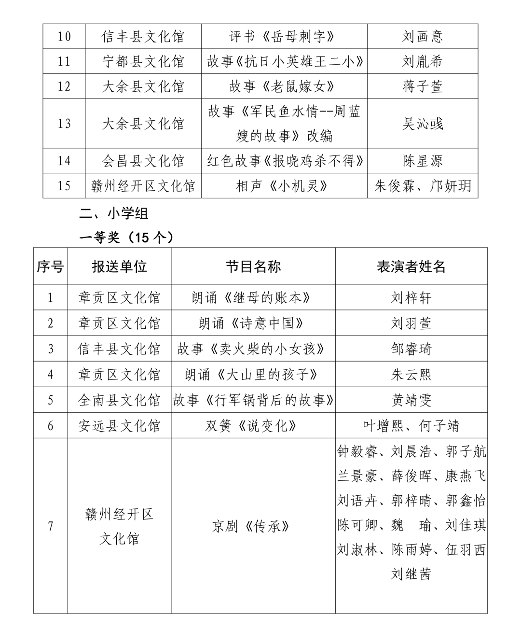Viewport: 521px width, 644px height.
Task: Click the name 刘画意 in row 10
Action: [x=422, y=37]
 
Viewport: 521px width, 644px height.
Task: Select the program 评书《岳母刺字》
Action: [x=284, y=37]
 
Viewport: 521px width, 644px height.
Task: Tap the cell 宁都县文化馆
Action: [x=143, y=62]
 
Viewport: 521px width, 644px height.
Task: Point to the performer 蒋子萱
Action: [x=422, y=87]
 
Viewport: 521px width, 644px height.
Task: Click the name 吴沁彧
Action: [x=422, y=124]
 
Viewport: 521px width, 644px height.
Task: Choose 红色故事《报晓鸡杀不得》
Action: [x=284, y=161]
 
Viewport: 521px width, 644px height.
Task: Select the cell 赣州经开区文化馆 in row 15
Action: [x=143, y=186]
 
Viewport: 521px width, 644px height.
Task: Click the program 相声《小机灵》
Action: [x=284, y=186]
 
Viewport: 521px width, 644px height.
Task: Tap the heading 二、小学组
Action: [x=114, y=213]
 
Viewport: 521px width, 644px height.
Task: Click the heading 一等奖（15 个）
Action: [x=126, y=238]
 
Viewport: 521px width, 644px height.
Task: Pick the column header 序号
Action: [x=50, y=266]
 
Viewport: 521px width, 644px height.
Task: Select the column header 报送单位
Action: [x=119, y=266]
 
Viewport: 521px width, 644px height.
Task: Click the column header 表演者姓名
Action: [x=411, y=266]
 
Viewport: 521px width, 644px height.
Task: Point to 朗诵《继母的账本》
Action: [x=253, y=298]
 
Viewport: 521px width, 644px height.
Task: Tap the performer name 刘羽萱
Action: [x=411, y=323]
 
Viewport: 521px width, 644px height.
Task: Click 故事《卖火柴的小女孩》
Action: [x=253, y=349]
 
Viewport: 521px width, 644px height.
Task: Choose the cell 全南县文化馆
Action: [x=119, y=400]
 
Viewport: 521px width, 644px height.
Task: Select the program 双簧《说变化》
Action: [x=253, y=426]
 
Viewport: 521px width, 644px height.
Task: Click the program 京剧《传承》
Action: [x=253, y=526]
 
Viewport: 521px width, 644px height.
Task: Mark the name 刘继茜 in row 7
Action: [x=411, y=574]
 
